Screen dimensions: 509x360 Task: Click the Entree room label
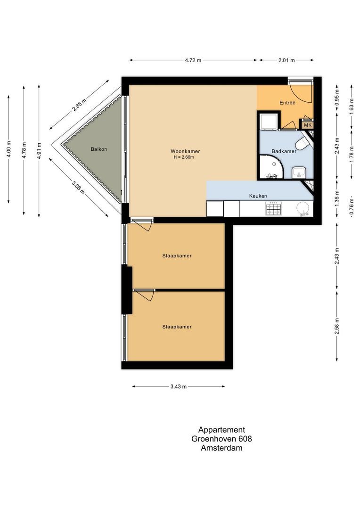click(287, 102)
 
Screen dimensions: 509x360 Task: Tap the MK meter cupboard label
click(307, 125)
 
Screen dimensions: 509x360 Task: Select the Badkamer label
click(284, 151)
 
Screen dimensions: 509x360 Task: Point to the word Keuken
click(258, 196)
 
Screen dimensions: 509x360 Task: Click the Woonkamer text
click(185, 151)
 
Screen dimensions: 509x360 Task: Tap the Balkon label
click(99, 149)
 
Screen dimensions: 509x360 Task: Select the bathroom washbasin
click(299, 172)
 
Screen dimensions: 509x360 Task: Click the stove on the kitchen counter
click(274, 208)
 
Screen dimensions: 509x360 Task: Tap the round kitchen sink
click(303, 207)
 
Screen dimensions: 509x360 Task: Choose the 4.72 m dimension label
click(192, 60)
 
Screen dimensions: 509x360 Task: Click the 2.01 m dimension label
click(286, 60)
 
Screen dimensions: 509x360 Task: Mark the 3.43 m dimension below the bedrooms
click(179, 386)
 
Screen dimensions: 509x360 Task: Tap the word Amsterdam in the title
click(221, 448)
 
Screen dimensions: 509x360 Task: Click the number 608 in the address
click(244, 439)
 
